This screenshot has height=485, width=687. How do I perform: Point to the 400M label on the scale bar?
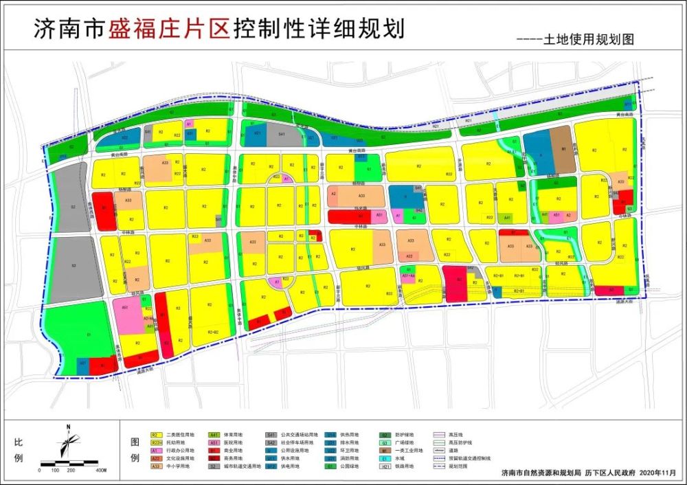tap(101, 471)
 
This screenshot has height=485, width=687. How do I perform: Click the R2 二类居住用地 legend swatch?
tap(156, 435)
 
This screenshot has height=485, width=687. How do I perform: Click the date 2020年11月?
tap(656, 473)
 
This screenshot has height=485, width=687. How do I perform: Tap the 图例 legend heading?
tap(135, 449)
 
